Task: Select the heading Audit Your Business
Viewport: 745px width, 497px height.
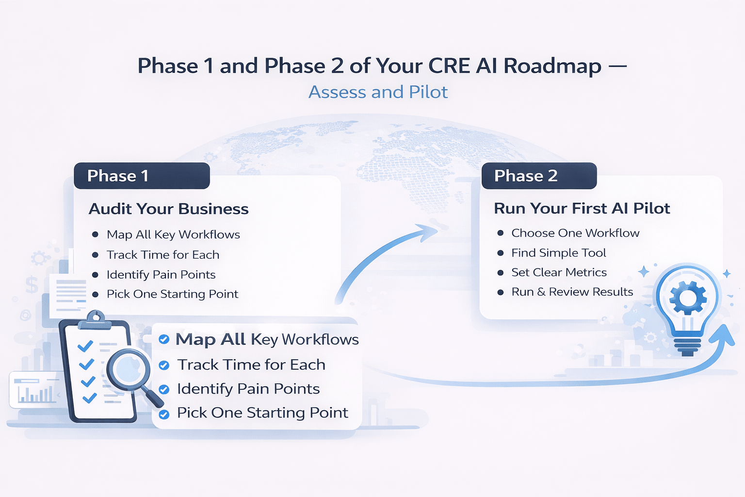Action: [168, 209]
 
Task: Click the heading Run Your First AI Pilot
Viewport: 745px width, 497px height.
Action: [582, 208]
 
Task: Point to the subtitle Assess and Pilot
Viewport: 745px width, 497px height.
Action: [378, 92]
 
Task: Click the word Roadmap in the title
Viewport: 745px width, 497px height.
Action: [552, 66]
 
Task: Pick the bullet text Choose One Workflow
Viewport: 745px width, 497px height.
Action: [575, 233]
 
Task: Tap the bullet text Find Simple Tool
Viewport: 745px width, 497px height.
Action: [559, 253]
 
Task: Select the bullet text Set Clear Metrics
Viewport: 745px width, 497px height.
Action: [559, 272]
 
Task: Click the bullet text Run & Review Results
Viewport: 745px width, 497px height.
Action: [572, 292]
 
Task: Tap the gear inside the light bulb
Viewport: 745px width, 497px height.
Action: [687, 297]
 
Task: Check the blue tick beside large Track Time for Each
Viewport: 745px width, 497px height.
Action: [164, 365]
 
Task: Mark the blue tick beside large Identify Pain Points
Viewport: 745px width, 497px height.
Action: [164, 389]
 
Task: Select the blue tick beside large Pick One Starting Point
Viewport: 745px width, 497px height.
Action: [164, 414]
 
